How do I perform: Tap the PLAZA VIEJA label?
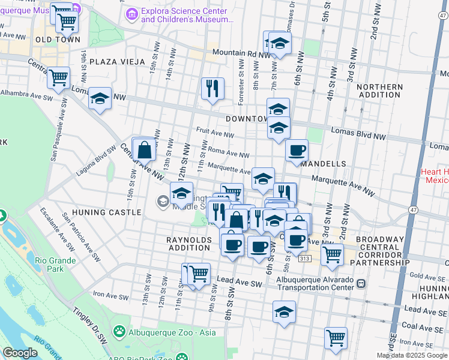pos(117,62)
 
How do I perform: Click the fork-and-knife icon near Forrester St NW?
pos(212,89)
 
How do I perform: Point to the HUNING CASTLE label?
pos(107,212)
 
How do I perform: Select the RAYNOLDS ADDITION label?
pos(190,244)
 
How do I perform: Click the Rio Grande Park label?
pos(55,265)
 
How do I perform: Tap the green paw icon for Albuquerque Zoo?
pos(120,331)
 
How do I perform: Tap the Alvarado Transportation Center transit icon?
pos(361,283)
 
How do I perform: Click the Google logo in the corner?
pos(20,353)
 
